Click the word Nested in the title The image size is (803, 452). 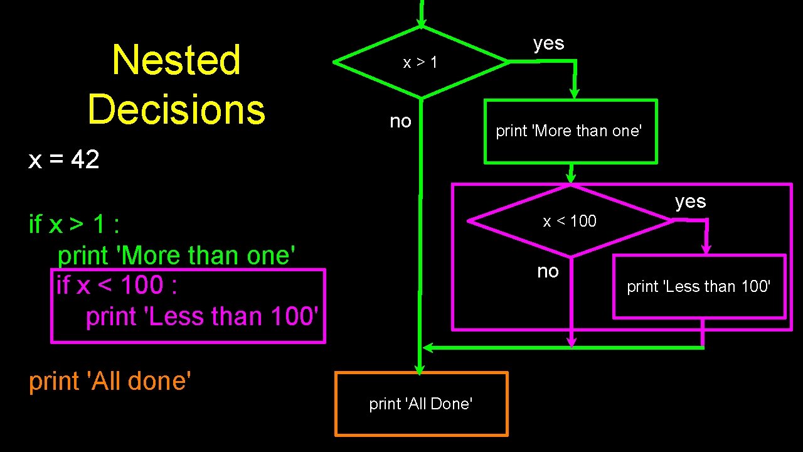click(x=176, y=60)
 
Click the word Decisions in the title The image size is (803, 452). click(x=176, y=109)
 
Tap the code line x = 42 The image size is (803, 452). click(x=64, y=160)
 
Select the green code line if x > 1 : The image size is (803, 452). click(x=74, y=223)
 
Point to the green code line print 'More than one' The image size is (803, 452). click(x=176, y=256)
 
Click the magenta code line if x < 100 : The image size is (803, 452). click(x=117, y=286)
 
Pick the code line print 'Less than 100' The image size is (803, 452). click(x=199, y=316)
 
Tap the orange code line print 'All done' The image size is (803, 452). click(x=110, y=381)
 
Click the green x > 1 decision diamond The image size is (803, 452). click(x=421, y=62)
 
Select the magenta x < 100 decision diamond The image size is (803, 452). click(x=570, y=221)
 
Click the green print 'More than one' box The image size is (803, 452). click(x=570, y=131)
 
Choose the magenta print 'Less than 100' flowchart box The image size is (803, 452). click(x=699, y=286)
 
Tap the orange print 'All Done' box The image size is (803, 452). click(x=421, y=404)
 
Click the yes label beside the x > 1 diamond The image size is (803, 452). click(x=549, y=43)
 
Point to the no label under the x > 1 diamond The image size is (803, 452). click(x=400, y=121)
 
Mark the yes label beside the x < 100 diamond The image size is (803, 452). click(x=691, y=202)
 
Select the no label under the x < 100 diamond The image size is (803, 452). click(x=548, y=271)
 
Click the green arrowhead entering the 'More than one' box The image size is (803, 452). click(x=574, y=94)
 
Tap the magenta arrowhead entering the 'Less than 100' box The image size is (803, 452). click(x=706, y=249)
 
